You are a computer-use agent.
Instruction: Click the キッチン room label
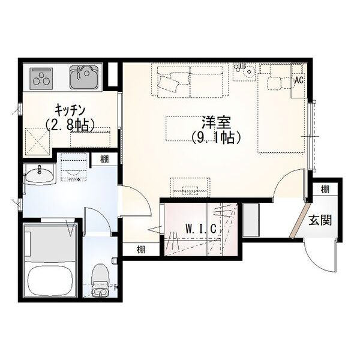point(70,110)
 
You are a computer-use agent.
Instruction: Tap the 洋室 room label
point(216,122)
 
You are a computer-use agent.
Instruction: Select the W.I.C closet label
point(201,229)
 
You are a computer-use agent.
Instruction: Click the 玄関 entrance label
point(320,220)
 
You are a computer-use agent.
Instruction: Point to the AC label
point(299,80)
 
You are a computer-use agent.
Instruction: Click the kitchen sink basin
point(84,77)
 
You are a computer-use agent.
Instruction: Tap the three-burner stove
point(41,78)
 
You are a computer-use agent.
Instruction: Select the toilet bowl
point(100,281)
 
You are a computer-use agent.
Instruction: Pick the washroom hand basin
point(40,176)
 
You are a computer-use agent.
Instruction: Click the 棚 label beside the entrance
point(325,190)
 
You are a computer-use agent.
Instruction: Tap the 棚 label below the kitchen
point(104,159)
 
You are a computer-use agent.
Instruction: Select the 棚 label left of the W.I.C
point(141,250)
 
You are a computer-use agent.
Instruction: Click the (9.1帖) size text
point(216,137)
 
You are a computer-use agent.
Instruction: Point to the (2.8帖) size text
point(70,125)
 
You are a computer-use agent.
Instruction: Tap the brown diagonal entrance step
point(300,220)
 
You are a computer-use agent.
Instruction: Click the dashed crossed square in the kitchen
point(37,141)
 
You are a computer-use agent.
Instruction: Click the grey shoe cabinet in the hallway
point(251,220)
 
